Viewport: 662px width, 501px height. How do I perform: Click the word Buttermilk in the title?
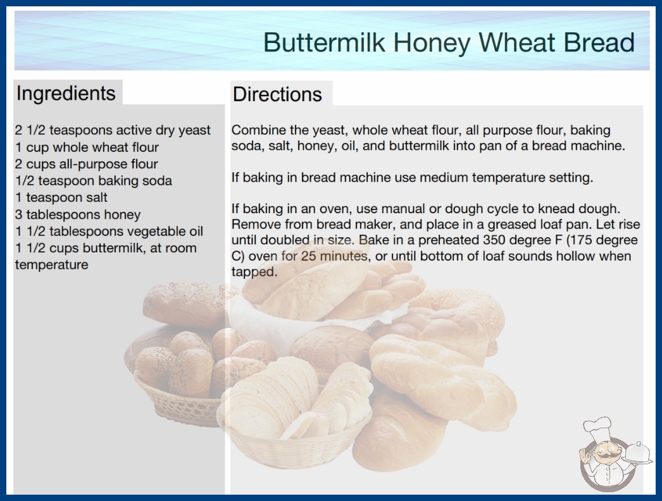tap(324, 42)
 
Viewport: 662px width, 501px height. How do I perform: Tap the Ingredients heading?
tap(66, 94)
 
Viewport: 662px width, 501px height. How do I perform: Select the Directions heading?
tap(277, 94)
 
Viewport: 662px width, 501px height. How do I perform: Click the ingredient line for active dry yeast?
tap(113, 130)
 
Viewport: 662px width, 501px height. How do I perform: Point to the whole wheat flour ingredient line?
tap(87, 147)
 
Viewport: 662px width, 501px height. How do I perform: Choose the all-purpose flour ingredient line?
tap(87, 164)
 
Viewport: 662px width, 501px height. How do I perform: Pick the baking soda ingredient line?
tap(94, 181)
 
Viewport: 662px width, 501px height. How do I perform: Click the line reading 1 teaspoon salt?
tap(61, 197)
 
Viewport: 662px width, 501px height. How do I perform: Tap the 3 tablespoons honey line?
tap(78, 214)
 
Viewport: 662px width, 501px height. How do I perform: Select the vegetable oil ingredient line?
tap(109, 232)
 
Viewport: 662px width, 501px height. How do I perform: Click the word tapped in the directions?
tap(254, 272)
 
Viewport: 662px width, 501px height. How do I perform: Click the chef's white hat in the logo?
tap(598, 427)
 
